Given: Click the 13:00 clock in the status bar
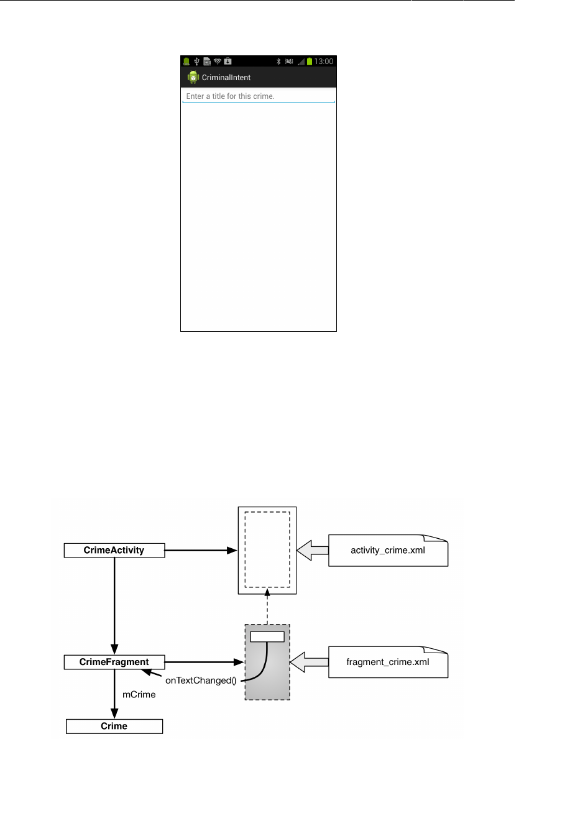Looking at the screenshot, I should (x=324, y=62).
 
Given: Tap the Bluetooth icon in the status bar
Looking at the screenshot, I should (x=279, y=62).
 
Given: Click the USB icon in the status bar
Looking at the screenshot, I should (x=196, y=62).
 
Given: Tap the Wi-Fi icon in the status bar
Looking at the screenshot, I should (x=218, y=62).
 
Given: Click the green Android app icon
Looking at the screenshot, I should (x=193, y=78).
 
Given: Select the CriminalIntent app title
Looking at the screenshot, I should (x=226, y=78).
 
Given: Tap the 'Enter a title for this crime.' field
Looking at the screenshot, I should (x=258, y=96).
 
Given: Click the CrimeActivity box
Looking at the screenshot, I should (x=114, y=550).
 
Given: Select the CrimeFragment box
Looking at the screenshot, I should (x=114, y=662).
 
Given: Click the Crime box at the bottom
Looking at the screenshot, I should (x=114, y=726).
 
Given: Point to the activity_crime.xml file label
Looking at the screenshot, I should (x=388, y=550).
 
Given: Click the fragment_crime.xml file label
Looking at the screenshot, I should (x=388, y=662).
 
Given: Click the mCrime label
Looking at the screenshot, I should (x=139, y=694).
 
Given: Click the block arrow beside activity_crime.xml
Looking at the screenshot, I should (x=313, y=550).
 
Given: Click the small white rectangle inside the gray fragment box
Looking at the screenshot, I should (x=267, y=636).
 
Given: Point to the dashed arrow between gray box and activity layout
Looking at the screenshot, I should (x=267, y=609).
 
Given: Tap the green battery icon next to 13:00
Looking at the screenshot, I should (x=310, y=62).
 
